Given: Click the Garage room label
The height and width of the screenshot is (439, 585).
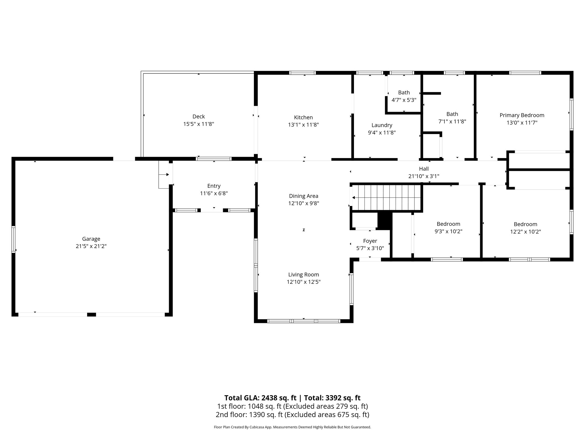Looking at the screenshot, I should (91, 239).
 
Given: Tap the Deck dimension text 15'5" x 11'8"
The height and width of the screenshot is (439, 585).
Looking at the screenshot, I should (199, 124).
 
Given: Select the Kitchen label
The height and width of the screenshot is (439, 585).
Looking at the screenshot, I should (303, 117).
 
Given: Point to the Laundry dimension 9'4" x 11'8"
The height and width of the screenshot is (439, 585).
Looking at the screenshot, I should (382, 133).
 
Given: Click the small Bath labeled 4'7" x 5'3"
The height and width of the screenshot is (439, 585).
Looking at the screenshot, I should (404, 96).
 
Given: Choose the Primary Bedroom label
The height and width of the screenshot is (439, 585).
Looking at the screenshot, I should (522, 115).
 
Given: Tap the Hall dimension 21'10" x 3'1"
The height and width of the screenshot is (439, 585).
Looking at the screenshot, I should (424, 176).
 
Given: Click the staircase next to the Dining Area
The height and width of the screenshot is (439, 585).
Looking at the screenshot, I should (386, 197).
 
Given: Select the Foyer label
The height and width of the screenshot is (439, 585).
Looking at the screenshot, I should (370, 241).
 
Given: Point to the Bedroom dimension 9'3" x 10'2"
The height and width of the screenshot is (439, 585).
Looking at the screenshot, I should (448, 232).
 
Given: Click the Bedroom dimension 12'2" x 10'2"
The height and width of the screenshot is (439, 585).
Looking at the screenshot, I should (525, 232).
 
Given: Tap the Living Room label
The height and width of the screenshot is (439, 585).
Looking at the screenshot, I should (303, 274).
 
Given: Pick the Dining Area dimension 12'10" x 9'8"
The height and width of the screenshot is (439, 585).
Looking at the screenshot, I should (303, 203).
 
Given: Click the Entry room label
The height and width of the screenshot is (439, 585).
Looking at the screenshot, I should (214, 186).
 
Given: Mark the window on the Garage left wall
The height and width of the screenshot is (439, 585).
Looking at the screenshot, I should (13, 240).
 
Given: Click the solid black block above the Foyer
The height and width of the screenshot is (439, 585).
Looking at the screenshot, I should (384, 220).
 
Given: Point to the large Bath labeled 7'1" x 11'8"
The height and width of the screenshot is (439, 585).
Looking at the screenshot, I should (452, 117).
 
